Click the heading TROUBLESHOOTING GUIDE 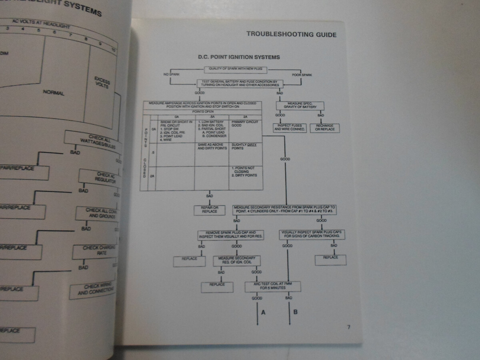[x=291, y=34]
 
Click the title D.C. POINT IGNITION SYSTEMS [x=239, y=57]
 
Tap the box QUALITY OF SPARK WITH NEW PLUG [x=236, y=69]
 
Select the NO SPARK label [x=170, y=75]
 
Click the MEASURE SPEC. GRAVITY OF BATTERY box [x=300, y=106]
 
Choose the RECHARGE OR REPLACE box [x=324, y=128]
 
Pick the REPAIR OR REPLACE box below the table [x=210, y=210]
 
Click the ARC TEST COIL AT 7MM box [x=272, y=286]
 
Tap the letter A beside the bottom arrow [x=263, y=312]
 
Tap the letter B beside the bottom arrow [x=295, y=312]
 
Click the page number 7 [x=349, y=327]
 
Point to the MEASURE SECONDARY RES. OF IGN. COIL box [x=237, y=261]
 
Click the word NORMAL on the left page [x=54, y=93]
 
